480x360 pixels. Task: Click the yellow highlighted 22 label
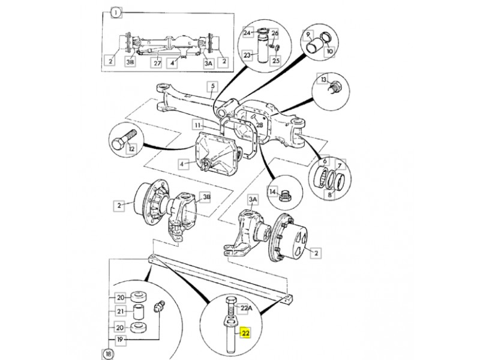[x=245, y=333]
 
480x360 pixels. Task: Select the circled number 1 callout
[x=116, y=13]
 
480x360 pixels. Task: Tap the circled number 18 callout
[x=108, y=354]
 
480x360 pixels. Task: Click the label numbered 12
[x=131, y=149]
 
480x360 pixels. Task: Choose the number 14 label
[x=273, y=192]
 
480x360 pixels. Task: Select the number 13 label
[x=323, y=80]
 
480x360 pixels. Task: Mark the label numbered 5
[x=212, y=86]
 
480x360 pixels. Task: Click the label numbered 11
[x=198, y=125]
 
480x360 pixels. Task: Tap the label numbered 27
[x=157, y=64]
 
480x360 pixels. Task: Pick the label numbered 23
[x=247, y=55]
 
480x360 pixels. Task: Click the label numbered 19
[x=121, y=340]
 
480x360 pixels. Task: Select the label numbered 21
[x=121, y=311]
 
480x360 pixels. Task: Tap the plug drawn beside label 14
[x=286, y=196]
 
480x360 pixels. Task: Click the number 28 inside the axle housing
[x=259, y=125]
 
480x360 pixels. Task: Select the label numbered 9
[x=308, y=35]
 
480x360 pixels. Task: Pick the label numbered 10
[x=329, y=52]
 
